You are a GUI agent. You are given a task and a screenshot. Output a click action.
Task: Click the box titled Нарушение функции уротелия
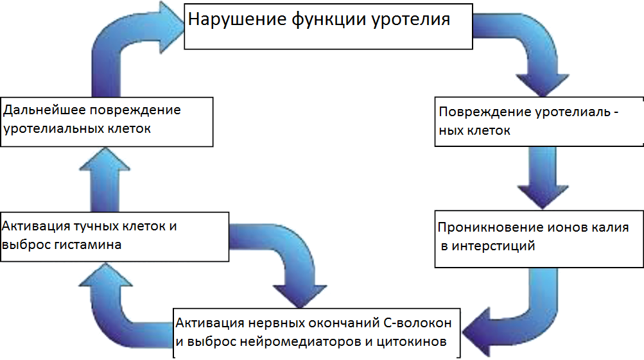coord(328,27)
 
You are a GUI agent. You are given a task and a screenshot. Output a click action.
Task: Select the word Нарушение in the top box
coord(238,19)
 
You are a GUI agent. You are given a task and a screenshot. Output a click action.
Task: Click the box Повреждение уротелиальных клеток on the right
coord(539,121)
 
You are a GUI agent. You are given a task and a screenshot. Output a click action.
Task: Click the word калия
coord(610,227)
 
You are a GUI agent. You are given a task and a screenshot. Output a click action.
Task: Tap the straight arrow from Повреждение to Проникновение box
coord(543,177)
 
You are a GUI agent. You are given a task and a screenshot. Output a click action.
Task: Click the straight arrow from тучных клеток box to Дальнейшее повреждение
coord(105,180)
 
